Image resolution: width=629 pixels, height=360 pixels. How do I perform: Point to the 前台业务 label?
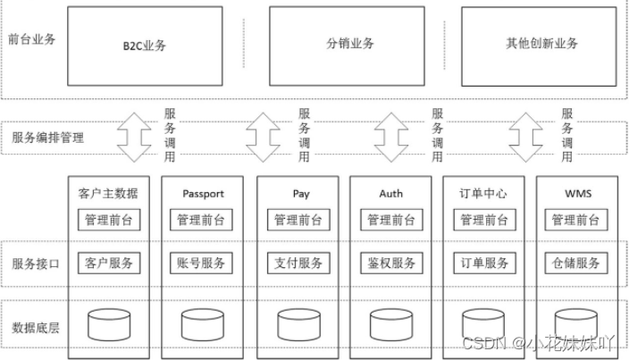pos(31,39)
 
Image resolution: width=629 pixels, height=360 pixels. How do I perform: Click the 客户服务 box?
pos(108,263)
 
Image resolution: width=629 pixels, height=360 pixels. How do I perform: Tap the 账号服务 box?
pos(202,263)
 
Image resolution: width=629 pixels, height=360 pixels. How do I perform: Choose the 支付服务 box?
pos(298,263)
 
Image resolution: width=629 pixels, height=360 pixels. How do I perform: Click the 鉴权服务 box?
pos(391,263)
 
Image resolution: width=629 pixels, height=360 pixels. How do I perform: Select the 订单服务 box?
pos(485,263)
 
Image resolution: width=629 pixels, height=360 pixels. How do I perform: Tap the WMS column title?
pos(577,193)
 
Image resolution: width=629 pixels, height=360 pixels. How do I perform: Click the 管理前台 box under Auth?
pos(391,220)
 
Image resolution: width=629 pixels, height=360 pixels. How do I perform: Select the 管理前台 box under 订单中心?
pos(485,220)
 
